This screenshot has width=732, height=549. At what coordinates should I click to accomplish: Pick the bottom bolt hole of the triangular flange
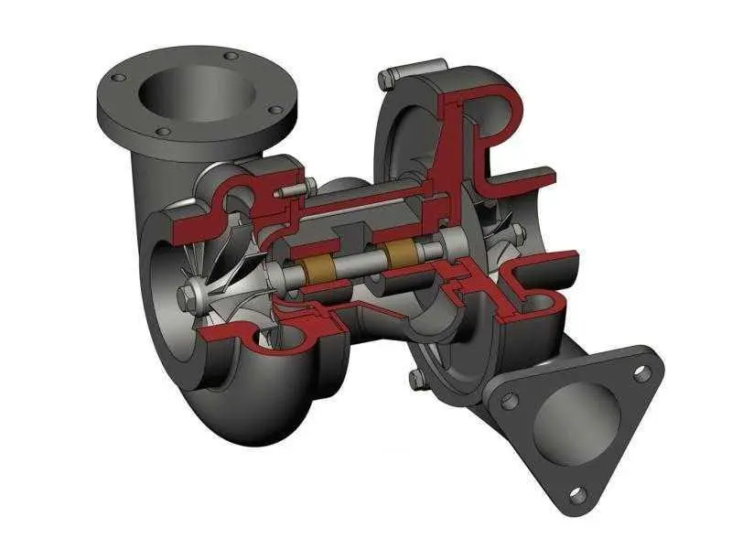tap(577, 494)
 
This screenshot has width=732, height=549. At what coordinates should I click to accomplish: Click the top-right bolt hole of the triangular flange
tap(643, 372)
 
